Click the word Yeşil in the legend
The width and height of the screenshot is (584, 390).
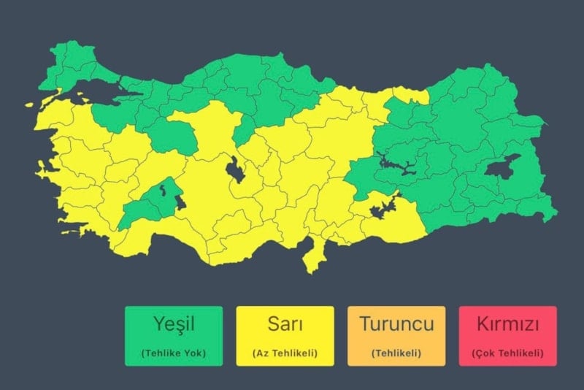(173, 324)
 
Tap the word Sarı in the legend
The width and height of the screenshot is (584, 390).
(285, 324)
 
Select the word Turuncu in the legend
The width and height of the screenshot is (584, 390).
(396, 324)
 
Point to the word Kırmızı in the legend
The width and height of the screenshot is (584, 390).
(507, 324)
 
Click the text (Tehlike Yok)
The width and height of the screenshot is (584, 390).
(173, 353)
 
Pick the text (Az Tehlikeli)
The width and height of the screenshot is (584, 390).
(285, 353)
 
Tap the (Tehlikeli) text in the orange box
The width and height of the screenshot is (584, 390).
(396, 353)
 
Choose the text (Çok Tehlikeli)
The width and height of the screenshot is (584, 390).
(507, 353)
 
